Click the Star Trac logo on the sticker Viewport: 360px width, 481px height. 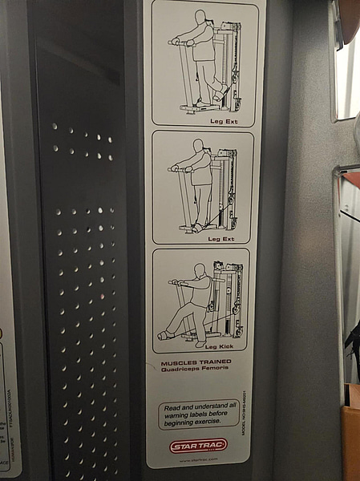point(198,445)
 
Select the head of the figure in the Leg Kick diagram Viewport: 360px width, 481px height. point(199,270)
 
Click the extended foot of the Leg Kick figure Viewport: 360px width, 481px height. point(164,336)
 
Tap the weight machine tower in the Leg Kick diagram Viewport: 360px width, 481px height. point(228,301)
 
